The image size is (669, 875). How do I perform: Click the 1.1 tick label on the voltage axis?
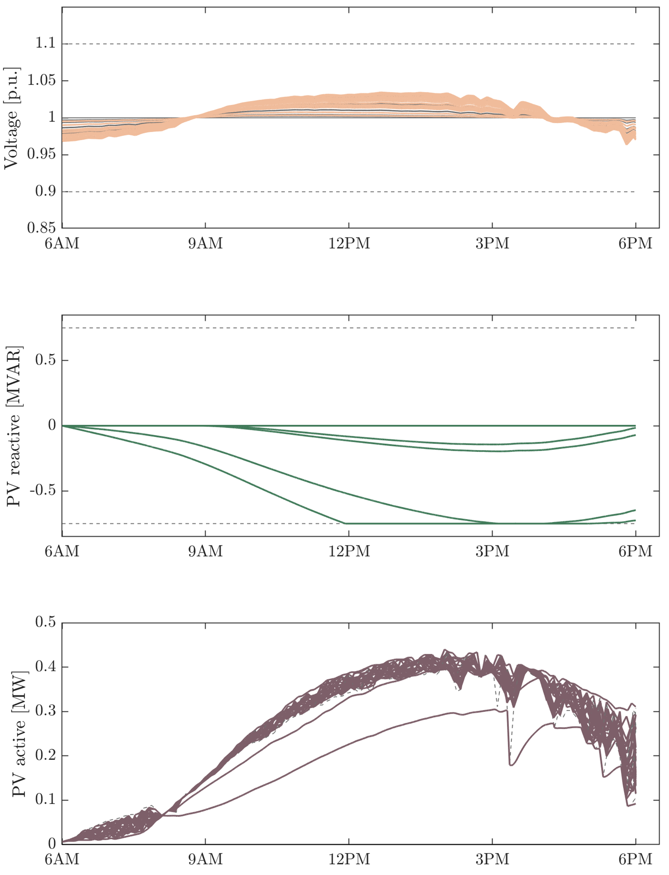click(x=45, y=43)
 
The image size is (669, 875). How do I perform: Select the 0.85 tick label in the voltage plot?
click(x=41, y=228)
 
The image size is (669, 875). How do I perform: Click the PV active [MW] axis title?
click(x=19, y=734)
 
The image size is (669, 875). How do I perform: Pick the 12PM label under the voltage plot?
click(x=349, y=244)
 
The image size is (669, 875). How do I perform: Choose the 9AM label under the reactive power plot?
click(x=206, y=551)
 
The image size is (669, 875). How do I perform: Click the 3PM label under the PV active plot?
click(x=492, y=859)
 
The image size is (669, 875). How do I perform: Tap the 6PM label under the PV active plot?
click(x=635, y=859)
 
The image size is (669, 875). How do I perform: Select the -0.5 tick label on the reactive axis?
click(x=42, y=491)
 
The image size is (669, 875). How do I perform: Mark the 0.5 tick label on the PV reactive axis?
click(x=45, y=360)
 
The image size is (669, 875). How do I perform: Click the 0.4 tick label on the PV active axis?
click(x=45, y=667)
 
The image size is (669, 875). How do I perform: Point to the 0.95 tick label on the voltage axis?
click(x=41, y=155)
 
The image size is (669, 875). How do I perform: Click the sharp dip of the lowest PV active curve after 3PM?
click(x=511, y=765)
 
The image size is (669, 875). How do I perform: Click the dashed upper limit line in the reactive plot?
click(x=348, y=328)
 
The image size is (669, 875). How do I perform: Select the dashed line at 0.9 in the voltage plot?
click(x=348, y=192)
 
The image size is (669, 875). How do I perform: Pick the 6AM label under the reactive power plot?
click(x=62, y=551)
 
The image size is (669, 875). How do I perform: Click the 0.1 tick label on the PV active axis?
click(x=45, y=800)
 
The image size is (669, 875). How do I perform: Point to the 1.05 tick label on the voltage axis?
click(x=41, y=80)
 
